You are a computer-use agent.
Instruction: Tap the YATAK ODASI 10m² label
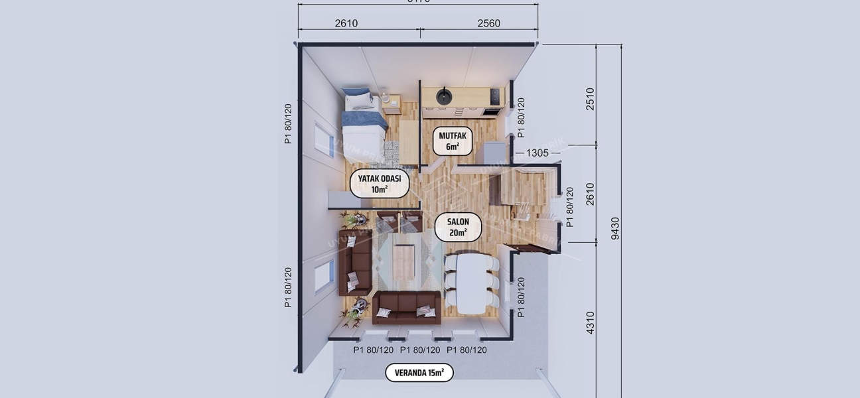pos(380,184)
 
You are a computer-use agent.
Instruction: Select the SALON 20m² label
pos(459,227)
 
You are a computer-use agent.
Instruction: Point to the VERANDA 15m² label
pos(419,373)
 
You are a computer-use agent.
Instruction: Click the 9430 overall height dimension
pos(615,228)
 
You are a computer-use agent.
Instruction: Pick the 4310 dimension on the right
pos(590,322)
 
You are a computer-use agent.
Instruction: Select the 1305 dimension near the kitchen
pos(537,153)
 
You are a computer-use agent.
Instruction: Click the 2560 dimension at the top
pos(488,23)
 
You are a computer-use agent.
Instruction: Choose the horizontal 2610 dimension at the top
pos(346,23)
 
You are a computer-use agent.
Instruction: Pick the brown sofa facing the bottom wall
pos(406,308)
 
